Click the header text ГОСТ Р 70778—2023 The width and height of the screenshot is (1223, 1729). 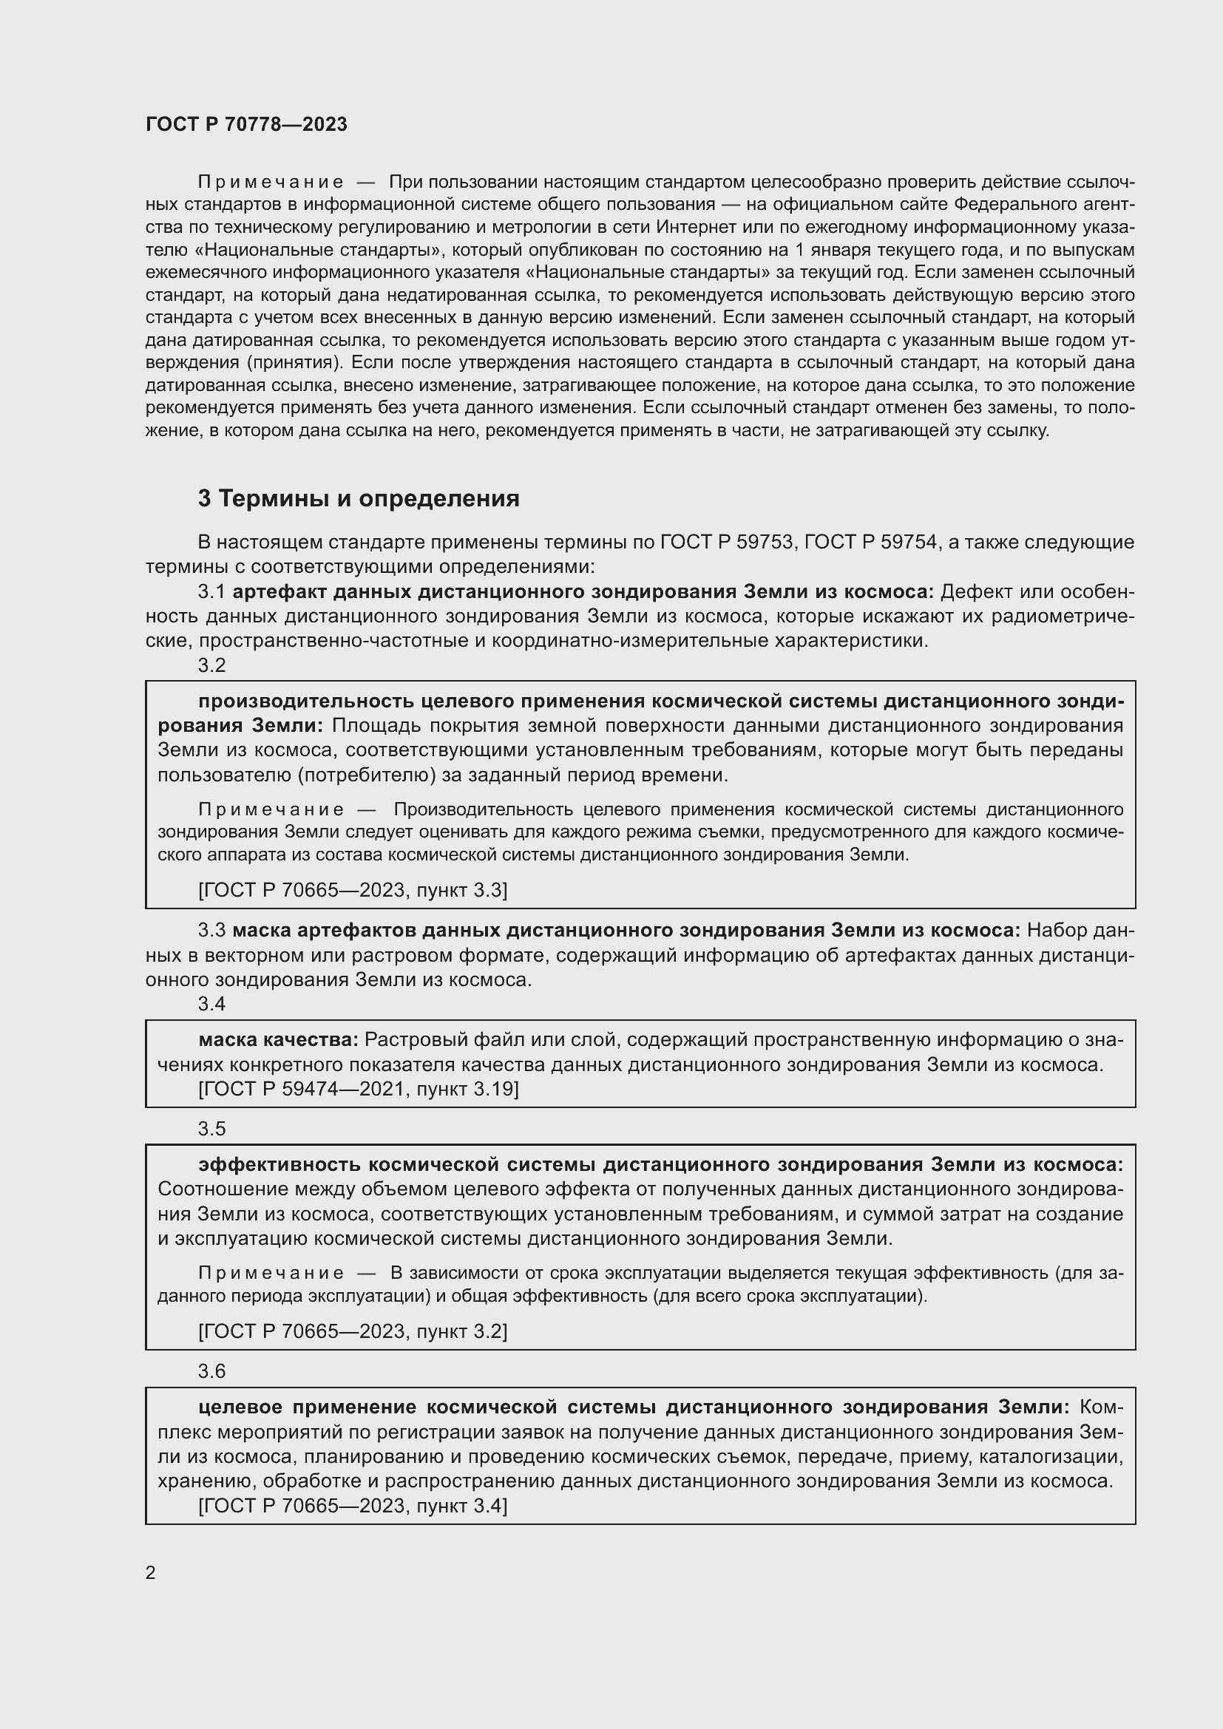pos(246,124)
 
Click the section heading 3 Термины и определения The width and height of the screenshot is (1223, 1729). pos(359,498)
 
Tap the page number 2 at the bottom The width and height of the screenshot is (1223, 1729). pos(151,1572)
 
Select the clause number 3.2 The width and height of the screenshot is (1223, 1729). pos(211,665)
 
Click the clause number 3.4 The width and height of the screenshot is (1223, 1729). pos(211,1004)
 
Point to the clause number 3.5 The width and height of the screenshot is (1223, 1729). pos(211,1129)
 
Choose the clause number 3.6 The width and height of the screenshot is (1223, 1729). pos(211,1371)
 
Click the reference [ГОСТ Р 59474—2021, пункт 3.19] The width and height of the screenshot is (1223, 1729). pos(359,1089)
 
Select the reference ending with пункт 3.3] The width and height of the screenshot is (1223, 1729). pos(353,890)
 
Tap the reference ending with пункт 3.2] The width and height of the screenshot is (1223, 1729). pos(353,1331)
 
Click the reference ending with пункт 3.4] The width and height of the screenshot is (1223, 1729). pos(353,1506)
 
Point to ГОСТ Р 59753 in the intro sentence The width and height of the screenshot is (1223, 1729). pos(727,542)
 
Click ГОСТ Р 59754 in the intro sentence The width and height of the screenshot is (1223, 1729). pos(870,542)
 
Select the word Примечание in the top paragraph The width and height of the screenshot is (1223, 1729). pos(271,183)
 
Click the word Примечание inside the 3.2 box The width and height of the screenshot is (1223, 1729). pos(271,809)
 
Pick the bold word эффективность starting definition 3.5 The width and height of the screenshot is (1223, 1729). pos(279,1165)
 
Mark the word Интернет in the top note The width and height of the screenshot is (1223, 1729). pos(693,228)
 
